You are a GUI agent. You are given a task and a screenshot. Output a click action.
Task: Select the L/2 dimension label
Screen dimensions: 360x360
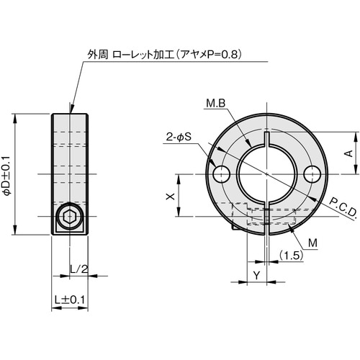(79, 269)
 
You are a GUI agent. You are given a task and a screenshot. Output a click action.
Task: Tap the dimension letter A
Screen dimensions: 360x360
(347, 153)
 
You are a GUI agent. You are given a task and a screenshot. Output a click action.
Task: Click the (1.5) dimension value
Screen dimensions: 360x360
(291, 256)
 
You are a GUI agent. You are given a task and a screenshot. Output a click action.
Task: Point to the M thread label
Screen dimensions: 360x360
(312, 243)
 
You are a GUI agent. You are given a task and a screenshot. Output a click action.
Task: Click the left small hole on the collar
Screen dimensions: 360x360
(220, 174)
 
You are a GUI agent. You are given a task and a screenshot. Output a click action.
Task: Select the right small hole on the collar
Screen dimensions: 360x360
(312, 174)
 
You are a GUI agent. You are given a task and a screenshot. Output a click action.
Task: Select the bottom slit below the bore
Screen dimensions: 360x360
(266, 216)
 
